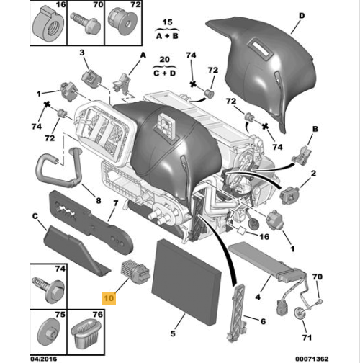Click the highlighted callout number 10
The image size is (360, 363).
pos(109,298)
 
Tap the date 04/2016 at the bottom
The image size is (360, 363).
pos(44,359)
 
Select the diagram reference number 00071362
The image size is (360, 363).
pos(312,359)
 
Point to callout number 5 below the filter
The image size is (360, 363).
pos(173,333)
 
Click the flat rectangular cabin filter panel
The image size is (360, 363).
pos(186,282)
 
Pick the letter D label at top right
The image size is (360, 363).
pos(302,16)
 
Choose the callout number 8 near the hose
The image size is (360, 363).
pos(99,200)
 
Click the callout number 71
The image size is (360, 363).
pos(307,338)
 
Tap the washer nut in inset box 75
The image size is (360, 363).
pos(49,332)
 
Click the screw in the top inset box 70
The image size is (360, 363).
pos(86,24)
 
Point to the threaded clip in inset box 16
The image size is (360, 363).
pos(48,23)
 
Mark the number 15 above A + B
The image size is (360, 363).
pos(167,22)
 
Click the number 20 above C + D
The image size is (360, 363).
pos(165,59)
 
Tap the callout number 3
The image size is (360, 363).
pos(82,53)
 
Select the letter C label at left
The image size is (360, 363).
pos(35,216)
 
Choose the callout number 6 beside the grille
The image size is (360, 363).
pos(263,321)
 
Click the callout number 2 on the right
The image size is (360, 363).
pos(313,173)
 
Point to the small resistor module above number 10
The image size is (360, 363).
pos(135,272)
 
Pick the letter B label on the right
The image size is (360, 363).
pos(315,129)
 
